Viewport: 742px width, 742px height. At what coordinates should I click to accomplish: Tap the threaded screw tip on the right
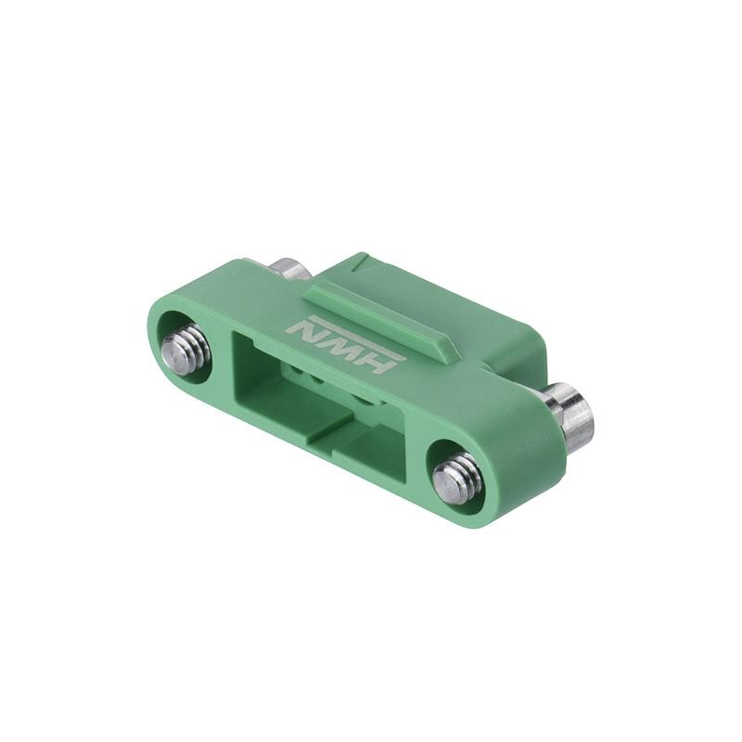[455, 479]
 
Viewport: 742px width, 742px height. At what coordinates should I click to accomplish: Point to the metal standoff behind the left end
[289, 269]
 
